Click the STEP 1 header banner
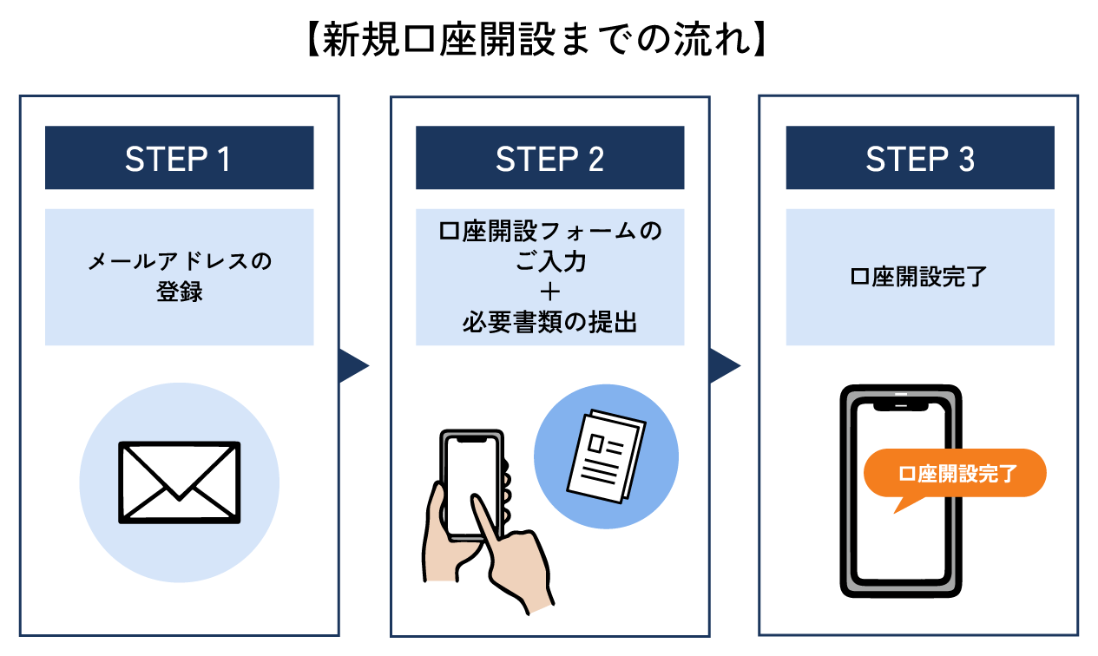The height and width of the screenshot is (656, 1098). (x=179, y=158)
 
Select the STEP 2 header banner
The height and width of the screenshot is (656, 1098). (x=549, y=158)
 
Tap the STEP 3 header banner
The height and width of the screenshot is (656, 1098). (x=920, y=158)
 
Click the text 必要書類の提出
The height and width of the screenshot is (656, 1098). (x=549, y=322)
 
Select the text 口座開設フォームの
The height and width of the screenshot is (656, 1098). (x=549, y=233)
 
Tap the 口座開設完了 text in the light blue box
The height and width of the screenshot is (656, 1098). (x=920, y=278)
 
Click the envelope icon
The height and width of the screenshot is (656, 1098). (x=179, y=482)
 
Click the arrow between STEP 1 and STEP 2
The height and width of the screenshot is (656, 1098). (x=353, y=365)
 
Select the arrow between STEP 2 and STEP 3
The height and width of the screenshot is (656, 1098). (x=724, y=365)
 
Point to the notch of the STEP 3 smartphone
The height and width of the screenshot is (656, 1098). (x=900, y=403)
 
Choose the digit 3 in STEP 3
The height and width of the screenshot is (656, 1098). (x=966, y=159)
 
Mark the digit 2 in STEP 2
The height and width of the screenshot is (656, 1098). (x=595, y=159)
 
